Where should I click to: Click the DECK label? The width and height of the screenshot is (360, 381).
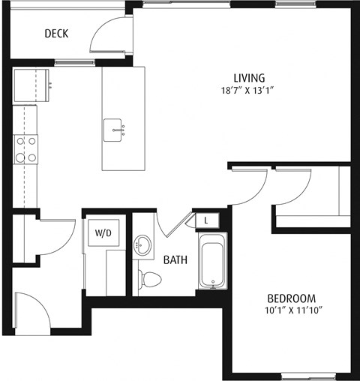[x=57, y=33]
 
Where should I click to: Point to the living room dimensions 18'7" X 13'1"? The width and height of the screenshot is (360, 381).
[x=249, y=92]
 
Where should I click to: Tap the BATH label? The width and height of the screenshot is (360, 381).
[x=175, y=260]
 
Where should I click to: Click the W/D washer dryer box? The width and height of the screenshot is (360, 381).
[x=102, y=233]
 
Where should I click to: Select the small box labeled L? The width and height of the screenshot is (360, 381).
[x=207, y=220]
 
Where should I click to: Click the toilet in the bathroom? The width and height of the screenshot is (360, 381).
[x=151, y=280]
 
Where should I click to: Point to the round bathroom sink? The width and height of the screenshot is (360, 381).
[x=142, y=245]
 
